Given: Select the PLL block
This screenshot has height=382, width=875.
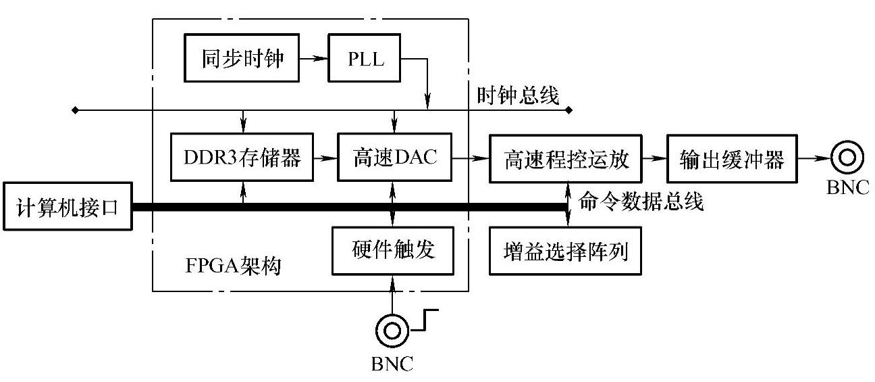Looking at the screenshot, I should (x=365, y=59).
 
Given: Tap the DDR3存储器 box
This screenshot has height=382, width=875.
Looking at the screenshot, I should (x=242, y=159).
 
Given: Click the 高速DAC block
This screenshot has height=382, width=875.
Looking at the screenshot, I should (x=394, y=159).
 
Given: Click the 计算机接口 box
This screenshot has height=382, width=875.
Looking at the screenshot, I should (x=66, y=207).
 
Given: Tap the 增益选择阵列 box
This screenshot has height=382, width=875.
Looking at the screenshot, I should (x=566, y=252).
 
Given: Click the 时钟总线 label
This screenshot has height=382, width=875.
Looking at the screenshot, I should (x=518, y=96).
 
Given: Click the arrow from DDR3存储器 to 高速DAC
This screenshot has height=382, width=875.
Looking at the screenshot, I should (x=326, y=159).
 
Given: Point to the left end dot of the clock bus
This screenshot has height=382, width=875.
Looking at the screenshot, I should (x=75, y=110).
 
